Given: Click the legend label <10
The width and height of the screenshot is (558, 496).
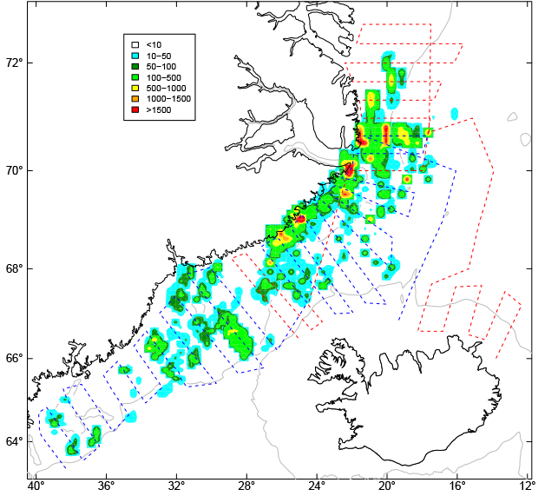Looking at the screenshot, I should (154, 44).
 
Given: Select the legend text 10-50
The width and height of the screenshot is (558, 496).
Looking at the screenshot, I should (159, 56).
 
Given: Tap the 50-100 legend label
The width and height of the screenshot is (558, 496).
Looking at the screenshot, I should (161, 66).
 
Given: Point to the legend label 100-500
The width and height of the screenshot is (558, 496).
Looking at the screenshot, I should (163, 77).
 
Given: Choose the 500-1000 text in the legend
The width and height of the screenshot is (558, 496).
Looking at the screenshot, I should (166, 88).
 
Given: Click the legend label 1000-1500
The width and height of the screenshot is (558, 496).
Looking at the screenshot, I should (168, 99).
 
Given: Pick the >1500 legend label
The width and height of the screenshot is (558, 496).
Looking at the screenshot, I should (159, 110).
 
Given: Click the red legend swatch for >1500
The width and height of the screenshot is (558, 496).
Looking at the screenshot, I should (135, 110).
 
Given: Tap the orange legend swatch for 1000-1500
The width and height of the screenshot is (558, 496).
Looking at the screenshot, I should (135, 99).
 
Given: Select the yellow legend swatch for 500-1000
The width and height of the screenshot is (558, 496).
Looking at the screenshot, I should (135, 88).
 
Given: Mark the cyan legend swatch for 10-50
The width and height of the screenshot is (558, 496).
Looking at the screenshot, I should (135, 56).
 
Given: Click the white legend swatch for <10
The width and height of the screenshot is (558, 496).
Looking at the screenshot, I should (135, 44).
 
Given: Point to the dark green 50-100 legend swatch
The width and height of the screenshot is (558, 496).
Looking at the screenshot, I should (135, 66).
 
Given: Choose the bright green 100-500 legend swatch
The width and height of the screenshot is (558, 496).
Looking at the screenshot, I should (135, 77).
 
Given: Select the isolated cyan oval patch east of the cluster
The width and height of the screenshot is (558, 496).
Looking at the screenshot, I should (454, 114).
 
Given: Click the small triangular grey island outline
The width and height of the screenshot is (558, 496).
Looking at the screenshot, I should (512, 116).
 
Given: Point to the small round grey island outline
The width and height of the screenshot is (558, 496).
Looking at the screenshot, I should (525, 139).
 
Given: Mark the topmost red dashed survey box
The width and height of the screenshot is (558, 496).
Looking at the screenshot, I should (394, 33).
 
